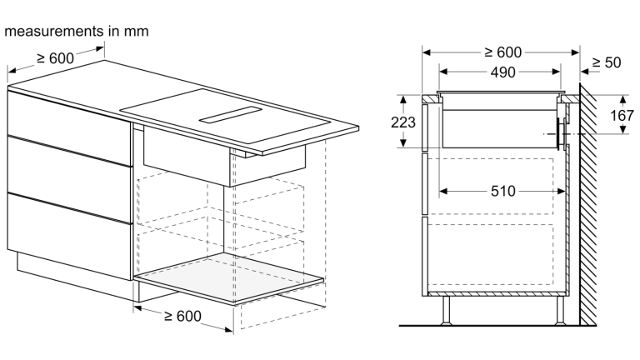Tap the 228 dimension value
(403, 122)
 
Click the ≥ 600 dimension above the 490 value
(502, 52)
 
